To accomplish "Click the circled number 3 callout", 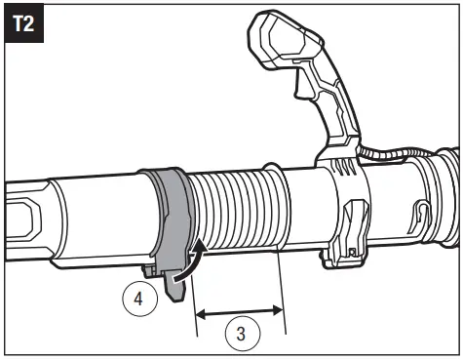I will click(x=240, y=334).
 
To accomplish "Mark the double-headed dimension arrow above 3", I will click(x=240, y=312).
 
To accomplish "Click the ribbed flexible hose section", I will click(x=234, y=209).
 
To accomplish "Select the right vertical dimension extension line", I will click(x=283, y=293).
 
